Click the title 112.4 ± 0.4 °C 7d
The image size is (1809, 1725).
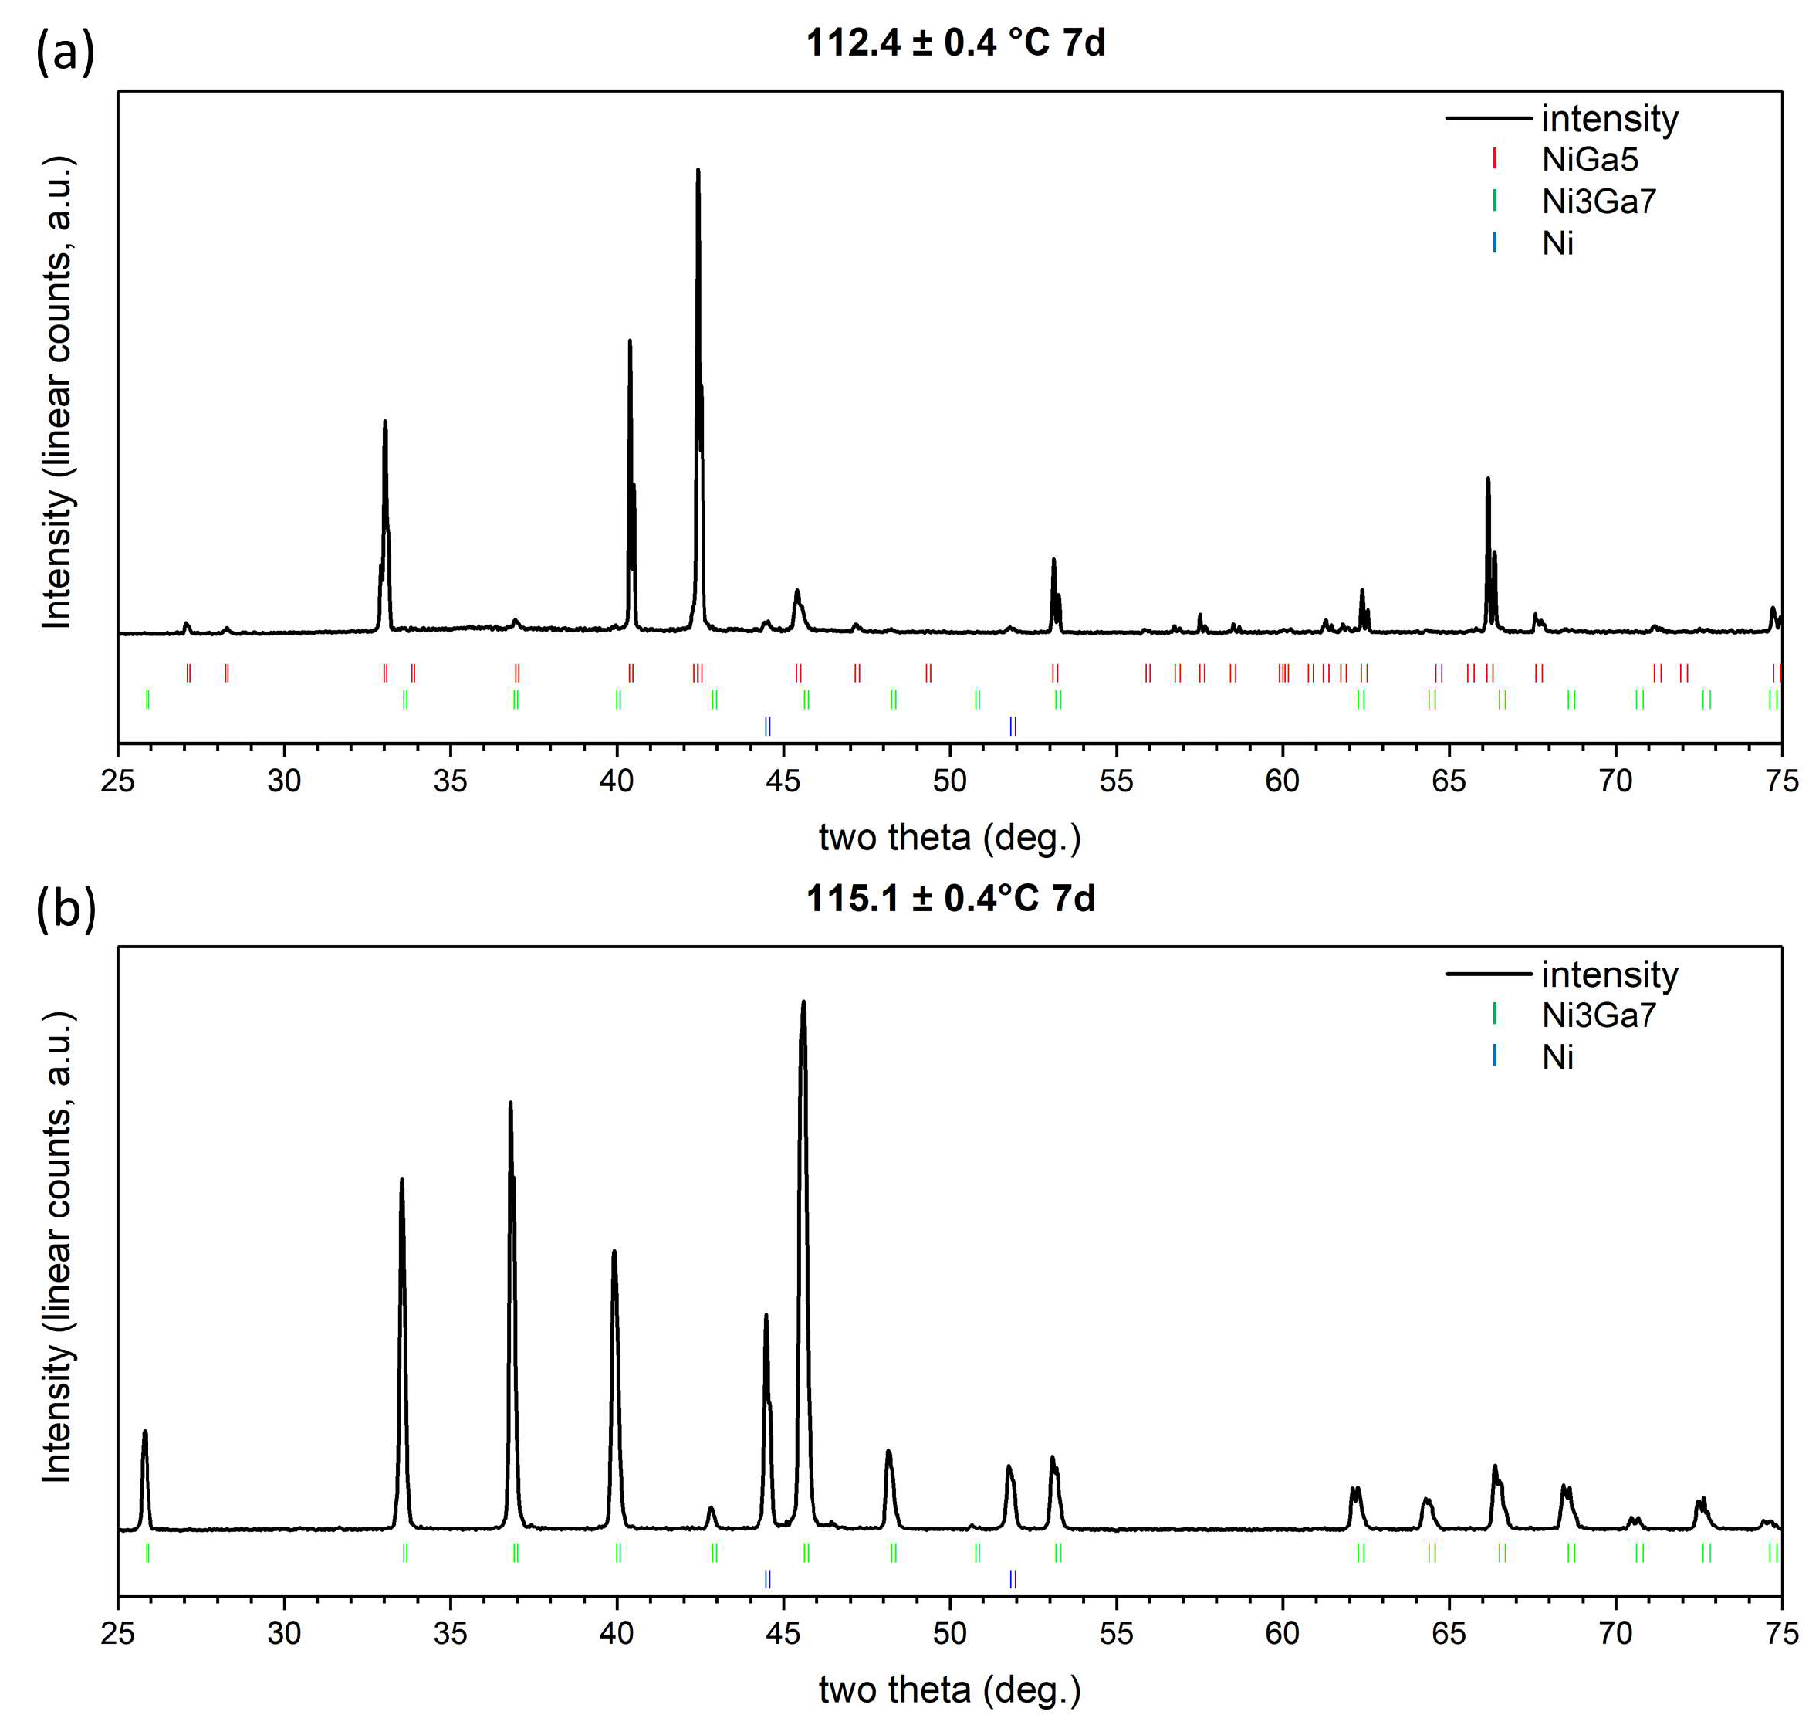click(955, 43)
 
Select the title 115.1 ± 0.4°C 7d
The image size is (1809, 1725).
click(951, 898)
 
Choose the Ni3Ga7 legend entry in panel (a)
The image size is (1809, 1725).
click(1598, 202)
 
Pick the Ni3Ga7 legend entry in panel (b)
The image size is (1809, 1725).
click(1598, 1015)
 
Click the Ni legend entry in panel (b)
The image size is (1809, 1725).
click(1557, 1057)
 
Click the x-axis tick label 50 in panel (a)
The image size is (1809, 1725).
click(949, 781)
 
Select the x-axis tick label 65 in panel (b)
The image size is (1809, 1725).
click(1449, 1633)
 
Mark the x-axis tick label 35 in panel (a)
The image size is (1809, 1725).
click(451, 781)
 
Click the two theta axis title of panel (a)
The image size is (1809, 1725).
click(949, 838)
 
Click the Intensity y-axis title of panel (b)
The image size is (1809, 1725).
click(57, 1248)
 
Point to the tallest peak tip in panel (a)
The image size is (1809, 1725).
click(698, 170)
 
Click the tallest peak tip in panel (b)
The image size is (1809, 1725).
click(803, 1002)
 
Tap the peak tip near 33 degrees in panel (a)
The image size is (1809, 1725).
click(385, 422)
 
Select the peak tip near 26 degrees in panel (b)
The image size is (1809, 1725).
click(144, 1432)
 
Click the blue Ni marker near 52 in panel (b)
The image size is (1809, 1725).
click(1013, 1580)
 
